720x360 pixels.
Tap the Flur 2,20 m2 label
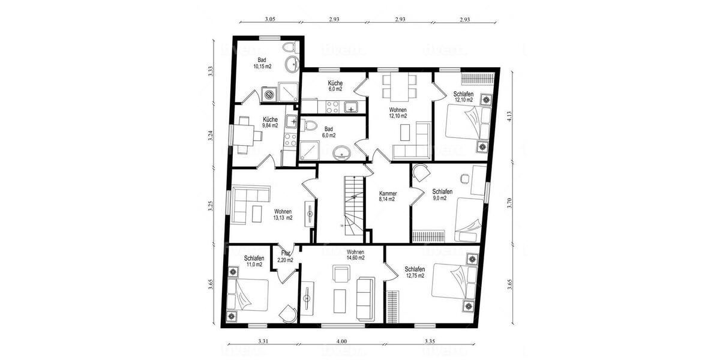285,257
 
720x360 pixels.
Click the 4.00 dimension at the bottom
341,341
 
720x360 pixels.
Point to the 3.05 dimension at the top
270,20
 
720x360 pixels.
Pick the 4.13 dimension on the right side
509,116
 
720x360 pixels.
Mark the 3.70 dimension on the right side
509,202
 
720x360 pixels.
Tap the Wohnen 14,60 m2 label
355,254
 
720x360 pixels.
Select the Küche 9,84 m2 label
270,122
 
